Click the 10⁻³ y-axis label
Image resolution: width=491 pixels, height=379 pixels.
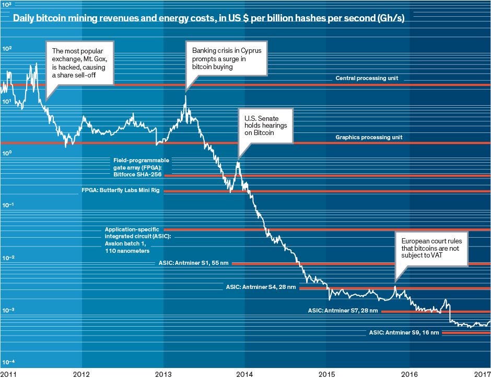9,310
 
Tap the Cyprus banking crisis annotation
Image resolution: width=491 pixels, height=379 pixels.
227,59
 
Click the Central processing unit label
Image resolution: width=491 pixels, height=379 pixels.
367,79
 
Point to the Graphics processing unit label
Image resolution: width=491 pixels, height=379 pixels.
369,137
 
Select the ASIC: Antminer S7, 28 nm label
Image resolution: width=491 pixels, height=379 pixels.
343,310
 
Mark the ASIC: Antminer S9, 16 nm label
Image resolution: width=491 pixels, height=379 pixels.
404,332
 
